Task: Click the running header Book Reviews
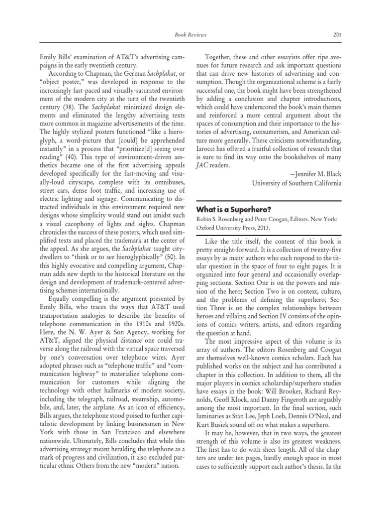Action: click(191, 35)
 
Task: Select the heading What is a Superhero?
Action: click(233, 209)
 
